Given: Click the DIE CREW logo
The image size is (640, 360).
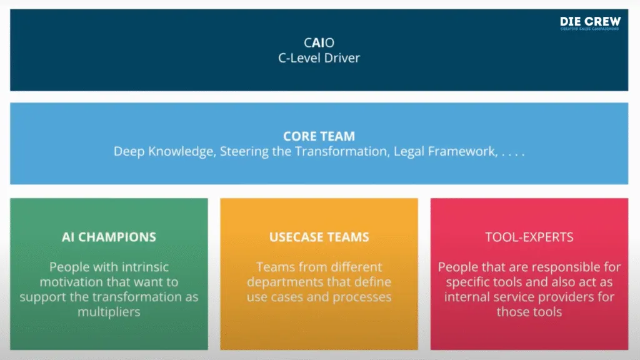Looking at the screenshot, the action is [x=589, y=23].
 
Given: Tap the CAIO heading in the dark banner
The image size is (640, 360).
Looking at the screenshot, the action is [x=319, y=43].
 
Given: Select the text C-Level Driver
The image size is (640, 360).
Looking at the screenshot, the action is [x=319, y=58].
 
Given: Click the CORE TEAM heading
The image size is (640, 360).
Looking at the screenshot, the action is [x=319, y=136].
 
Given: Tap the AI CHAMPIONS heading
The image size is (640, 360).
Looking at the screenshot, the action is [x=109, y=237].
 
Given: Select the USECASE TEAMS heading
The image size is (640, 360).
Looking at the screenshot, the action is [x=319, y=237].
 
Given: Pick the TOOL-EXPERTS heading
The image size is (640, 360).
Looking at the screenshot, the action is [x=529, y=237].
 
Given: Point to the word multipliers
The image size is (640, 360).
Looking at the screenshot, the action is [x=109, y=311].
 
